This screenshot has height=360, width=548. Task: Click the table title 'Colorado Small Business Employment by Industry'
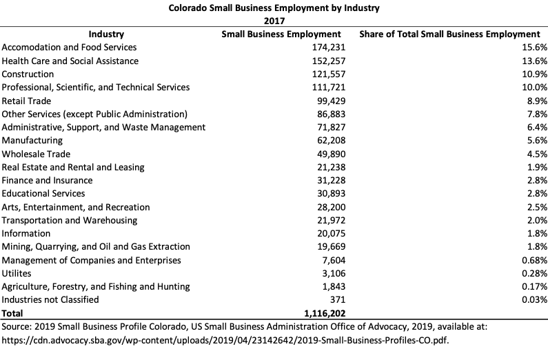274,8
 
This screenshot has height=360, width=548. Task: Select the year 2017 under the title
274,21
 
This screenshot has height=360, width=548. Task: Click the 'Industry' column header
106,34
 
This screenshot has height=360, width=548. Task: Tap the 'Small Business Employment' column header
281,34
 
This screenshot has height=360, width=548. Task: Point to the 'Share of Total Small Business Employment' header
450,34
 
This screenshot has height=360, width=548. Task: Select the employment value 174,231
324,48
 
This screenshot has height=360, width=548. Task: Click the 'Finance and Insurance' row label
48,181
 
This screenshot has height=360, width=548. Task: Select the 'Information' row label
26,234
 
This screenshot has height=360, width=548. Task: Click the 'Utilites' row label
17,274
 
